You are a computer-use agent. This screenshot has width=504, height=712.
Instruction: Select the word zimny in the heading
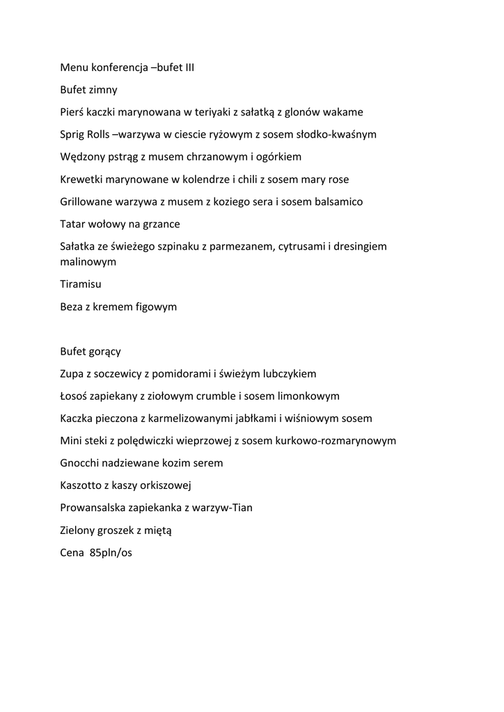coord(103,90)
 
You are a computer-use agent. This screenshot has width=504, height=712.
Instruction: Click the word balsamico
coord(336,202)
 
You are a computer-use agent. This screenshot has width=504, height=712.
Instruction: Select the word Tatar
coord(73,224)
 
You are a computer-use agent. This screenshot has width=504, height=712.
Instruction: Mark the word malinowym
coord(88,262)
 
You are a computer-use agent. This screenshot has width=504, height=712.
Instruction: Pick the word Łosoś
coord(75,396)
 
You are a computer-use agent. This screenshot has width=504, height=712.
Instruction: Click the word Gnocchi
coord(81,463)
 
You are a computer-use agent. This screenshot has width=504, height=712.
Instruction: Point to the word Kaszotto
coord(83,485)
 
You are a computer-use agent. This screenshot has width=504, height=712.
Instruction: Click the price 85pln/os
coord(111,553)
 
